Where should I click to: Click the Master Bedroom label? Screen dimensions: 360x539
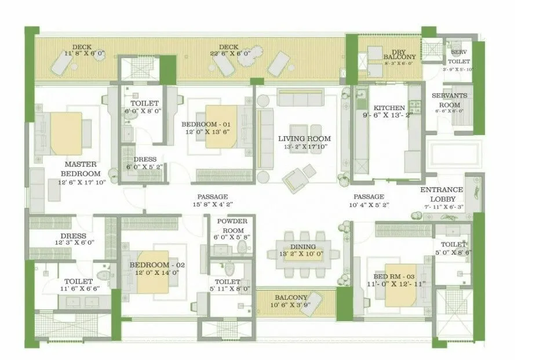click(81, 169)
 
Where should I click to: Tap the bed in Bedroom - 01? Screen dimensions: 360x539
click(221, 124)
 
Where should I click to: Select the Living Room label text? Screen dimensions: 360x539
click(304, 139)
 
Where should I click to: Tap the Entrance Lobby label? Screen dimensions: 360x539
click(442, 194)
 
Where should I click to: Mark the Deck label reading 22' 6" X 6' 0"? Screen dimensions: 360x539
click(229, 51)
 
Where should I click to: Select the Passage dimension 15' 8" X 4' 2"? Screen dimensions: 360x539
click(212, 204)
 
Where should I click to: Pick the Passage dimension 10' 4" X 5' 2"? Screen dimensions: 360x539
click(369, 204)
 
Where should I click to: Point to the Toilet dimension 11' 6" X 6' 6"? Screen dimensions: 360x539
click(80, 288)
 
